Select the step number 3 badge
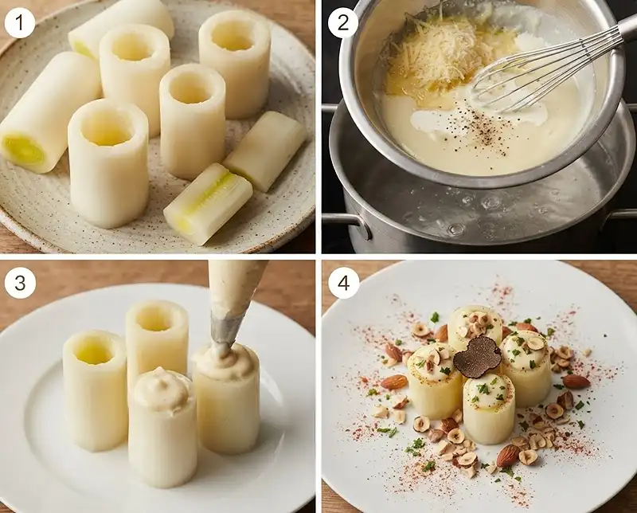pyautogui.click(x=20, y=283)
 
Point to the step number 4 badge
pyautogui.click(x=344, y=283)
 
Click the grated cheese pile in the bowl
pyautogui.click(x=431, y=53)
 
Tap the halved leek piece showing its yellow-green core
pyautogui.click(x=208, y=204)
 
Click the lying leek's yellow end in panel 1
pyautogui.click(x=23, y=149)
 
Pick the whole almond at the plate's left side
pyautogui.click(x=394, y=382)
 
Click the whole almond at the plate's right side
pyautogui.click(x=576, y=382)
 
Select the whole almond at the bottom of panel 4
pyautogui.click(x=508, y=456)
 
